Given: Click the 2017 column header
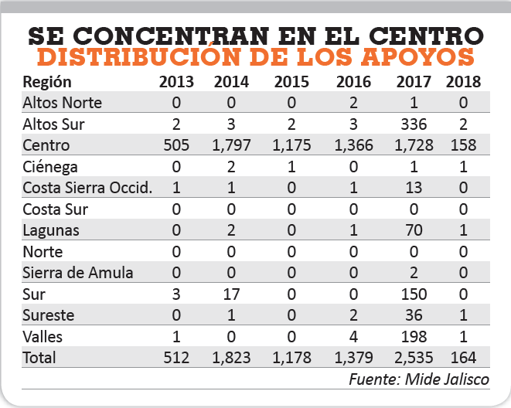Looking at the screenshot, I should (x=413, y=81).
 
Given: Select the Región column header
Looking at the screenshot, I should (x=47, y=81).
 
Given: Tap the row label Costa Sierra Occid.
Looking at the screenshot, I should (x=77, y=188).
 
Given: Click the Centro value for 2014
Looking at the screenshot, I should (x=232, y=145).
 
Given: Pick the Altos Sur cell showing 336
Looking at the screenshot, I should (x=413, y=124).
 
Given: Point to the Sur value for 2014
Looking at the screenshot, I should (x=232, y=294).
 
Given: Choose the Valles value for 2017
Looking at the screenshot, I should (x=413, y=337).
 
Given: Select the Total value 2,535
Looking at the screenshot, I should (x=413, y=359).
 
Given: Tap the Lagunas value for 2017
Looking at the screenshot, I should (x=413, y=230).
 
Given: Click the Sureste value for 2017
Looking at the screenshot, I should (x=413, y=316).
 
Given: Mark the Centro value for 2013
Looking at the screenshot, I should (x=178, y=145).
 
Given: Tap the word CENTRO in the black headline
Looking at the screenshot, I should (x=422, y=36).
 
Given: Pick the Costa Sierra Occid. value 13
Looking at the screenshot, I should (x=413, y=188).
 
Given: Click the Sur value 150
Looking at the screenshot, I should (x=413, y=294).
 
